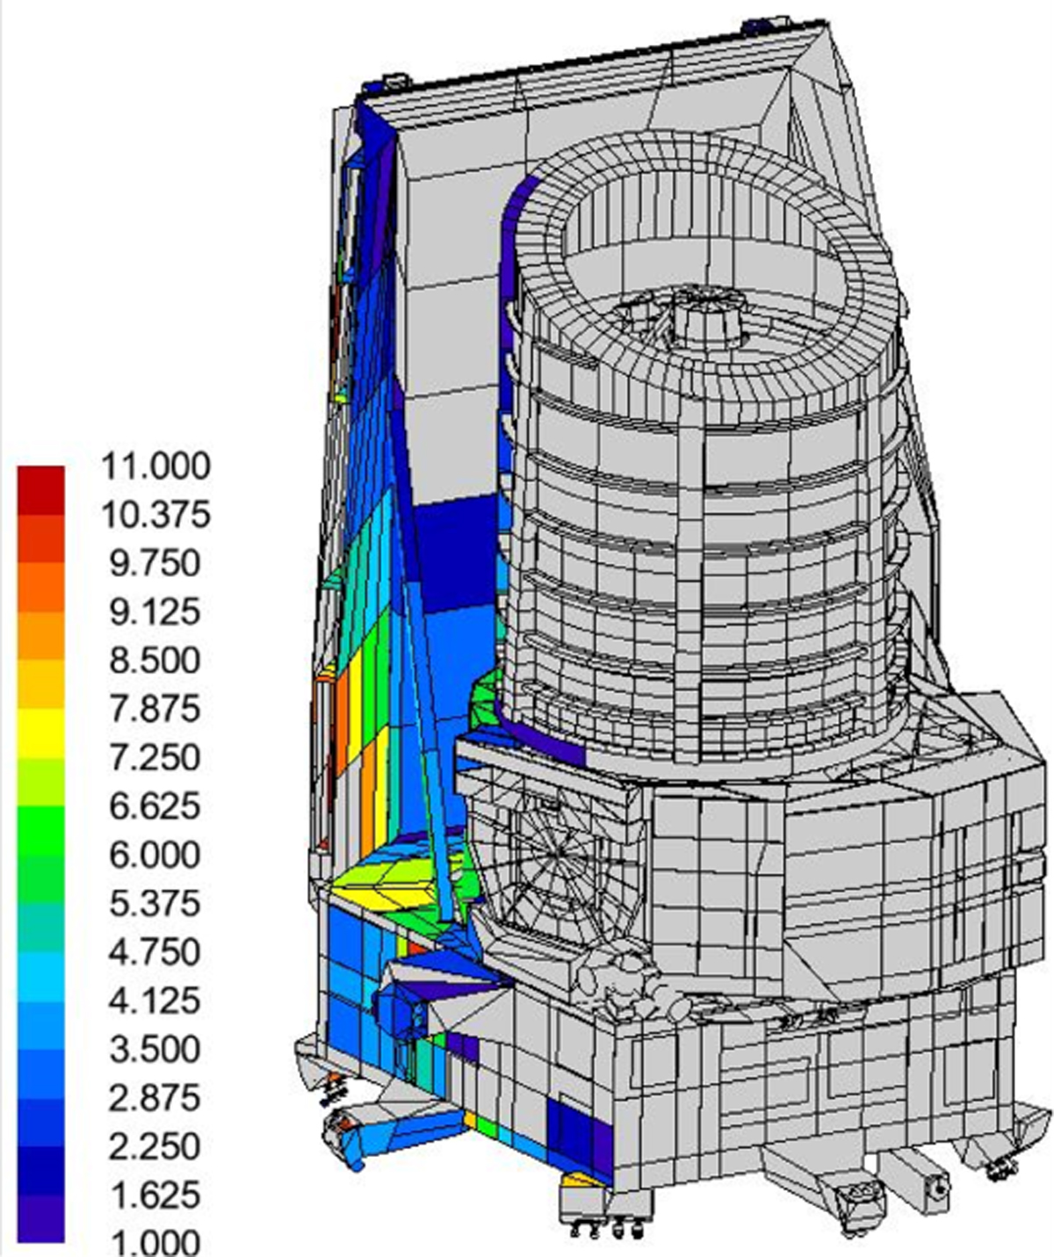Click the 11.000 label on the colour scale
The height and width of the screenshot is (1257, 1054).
click(x=155, y=466)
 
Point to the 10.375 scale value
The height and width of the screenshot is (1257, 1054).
click(x=155, y=515)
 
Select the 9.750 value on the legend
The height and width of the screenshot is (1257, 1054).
click(x=154, y=563)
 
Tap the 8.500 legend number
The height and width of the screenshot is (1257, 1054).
click(x=154, y=661)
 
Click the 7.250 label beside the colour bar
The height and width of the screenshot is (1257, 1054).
click(x=154, y=757)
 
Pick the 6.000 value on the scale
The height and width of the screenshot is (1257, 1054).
click(x=154, y=855)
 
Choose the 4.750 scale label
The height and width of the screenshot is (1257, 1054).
click(x=154, y=952)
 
